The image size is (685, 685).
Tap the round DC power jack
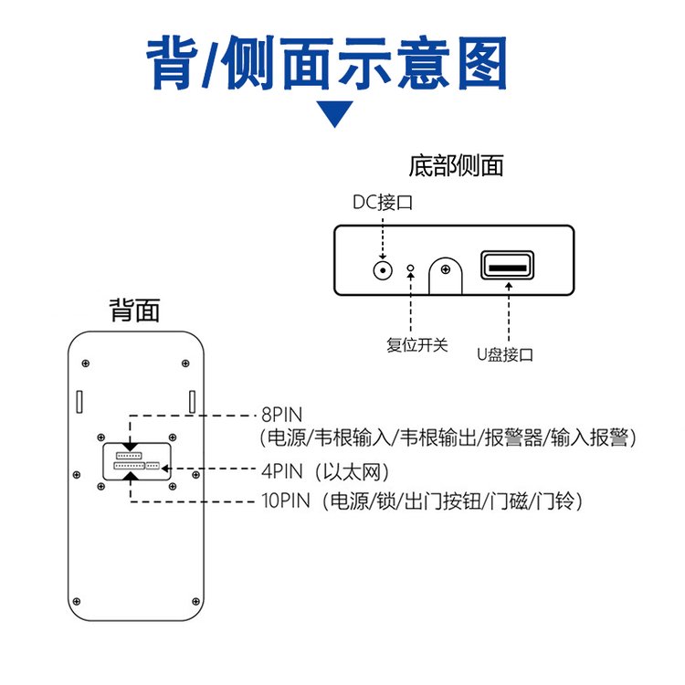pyautogui.click(x=382, y=269)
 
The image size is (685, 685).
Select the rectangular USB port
pyautogui.click(x=507, y=266)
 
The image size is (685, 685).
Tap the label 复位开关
pyautogui.click(x=417, y=345)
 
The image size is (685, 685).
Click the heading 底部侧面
pyautogui.click(x=456, y=166)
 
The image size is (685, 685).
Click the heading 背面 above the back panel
pyautogui.click(x=134, y=311)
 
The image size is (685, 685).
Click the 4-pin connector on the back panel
pyautogui.click(x=153, y=466)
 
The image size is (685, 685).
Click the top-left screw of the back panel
pyautogui.click(x=87, y=363)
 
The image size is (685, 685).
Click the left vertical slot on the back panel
pyautogui.click(x=79, y=401)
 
